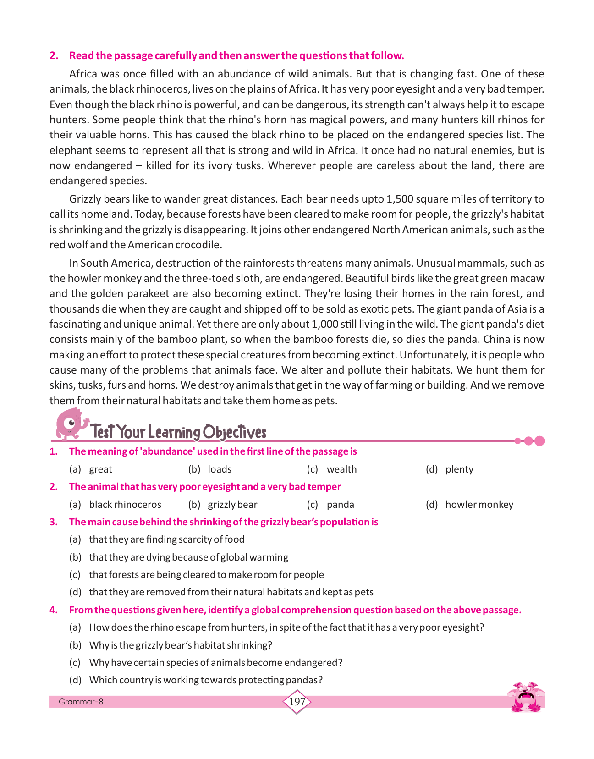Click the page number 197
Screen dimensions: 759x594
tap(297, 702)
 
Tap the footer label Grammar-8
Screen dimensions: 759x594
tap(81, 702)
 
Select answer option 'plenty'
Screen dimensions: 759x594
tap(459, 469)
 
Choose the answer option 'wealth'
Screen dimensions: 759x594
tap(341, 469)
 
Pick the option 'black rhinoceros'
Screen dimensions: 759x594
tap(125, 505)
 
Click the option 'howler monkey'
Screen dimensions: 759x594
tap(479, 505)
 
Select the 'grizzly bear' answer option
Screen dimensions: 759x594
tap(232, 505)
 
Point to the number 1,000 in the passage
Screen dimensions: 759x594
tap(324, 324)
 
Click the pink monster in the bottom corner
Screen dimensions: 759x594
tap(527, 697)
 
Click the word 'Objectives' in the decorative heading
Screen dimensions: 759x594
tap(234, 432)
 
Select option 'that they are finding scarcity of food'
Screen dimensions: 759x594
tap(167, 539)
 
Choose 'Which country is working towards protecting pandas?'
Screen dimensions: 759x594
tap(206, 680)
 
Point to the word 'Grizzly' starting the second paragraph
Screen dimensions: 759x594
tap(85, 199)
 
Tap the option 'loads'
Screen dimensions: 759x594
tap(220, 469)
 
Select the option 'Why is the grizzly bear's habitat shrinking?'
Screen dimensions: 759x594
tap(181, 645)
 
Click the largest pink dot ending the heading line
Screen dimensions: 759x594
tap(539, 441)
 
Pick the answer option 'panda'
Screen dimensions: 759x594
tap(340, 505)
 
